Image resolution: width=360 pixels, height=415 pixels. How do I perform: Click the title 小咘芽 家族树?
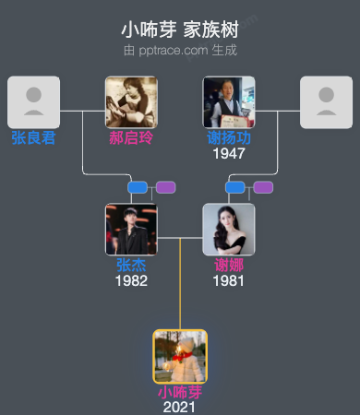180,30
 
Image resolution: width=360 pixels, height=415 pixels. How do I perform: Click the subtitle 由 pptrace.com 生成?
180,50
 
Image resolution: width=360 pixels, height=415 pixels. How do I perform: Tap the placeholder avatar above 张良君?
33,101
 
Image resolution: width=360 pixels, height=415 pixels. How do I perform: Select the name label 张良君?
33,138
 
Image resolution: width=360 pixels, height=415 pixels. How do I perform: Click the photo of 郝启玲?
131,101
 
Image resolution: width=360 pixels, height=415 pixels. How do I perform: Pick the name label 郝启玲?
131,138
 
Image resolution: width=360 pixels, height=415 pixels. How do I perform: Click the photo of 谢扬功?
229,101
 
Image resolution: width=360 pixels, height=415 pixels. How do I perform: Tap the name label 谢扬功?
229,138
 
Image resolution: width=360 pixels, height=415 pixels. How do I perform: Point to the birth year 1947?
229,153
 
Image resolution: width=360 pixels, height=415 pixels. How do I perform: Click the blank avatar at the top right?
327,101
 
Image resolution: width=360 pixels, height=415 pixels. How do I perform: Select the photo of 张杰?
131,229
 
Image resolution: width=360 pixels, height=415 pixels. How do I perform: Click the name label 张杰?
131,266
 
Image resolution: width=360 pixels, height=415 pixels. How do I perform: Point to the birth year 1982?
131,280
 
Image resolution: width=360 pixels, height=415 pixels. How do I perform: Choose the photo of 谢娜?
229,229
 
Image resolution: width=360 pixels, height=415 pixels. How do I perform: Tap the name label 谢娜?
229,266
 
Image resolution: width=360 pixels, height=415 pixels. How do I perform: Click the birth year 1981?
229,280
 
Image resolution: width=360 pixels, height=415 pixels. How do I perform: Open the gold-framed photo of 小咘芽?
180,356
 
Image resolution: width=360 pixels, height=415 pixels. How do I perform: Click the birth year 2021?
180,407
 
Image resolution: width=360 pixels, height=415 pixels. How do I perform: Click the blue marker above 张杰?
138,187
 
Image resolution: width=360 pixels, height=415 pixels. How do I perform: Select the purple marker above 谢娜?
263,187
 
